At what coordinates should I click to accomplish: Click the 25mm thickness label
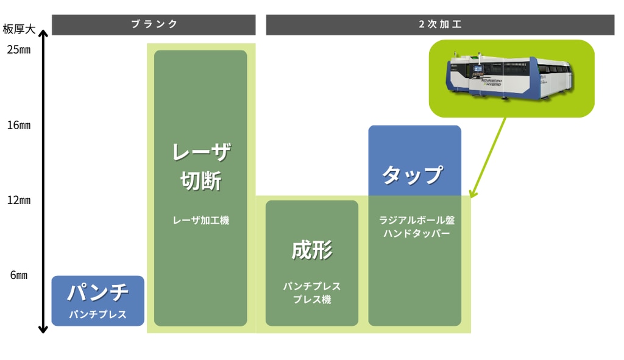18,50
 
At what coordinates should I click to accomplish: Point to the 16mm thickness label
18,125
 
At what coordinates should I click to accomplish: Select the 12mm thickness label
18,200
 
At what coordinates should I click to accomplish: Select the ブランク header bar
154,24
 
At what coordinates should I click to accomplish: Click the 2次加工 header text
440,24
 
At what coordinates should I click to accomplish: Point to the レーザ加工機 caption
200,221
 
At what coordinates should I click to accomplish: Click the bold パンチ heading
97,293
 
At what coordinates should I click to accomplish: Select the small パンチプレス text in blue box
97,315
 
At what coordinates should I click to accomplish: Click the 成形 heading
311,250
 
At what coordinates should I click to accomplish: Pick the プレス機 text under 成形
311,300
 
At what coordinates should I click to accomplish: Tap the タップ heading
413,175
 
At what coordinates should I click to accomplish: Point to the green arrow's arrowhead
474,195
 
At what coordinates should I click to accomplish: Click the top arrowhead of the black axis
43,35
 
